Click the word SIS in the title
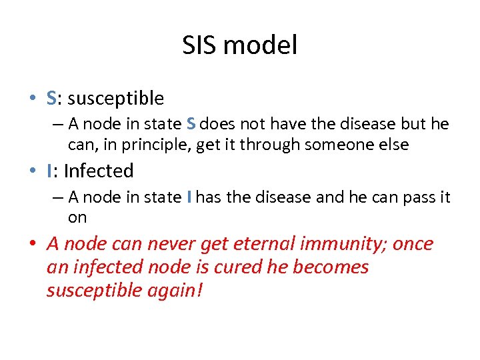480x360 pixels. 201,45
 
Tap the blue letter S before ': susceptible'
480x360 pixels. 51,99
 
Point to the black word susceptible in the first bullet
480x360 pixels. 115,99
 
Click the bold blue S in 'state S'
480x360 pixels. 191,125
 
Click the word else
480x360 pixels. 393,145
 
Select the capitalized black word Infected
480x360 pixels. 99,171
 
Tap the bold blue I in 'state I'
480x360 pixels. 189,197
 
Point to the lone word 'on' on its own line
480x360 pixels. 77,217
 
